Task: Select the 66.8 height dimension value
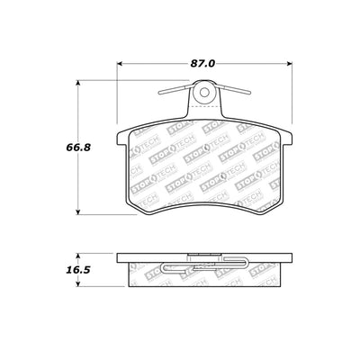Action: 57,148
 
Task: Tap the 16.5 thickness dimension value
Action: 57,266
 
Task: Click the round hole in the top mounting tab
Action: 205,91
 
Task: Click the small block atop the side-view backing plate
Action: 205,255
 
